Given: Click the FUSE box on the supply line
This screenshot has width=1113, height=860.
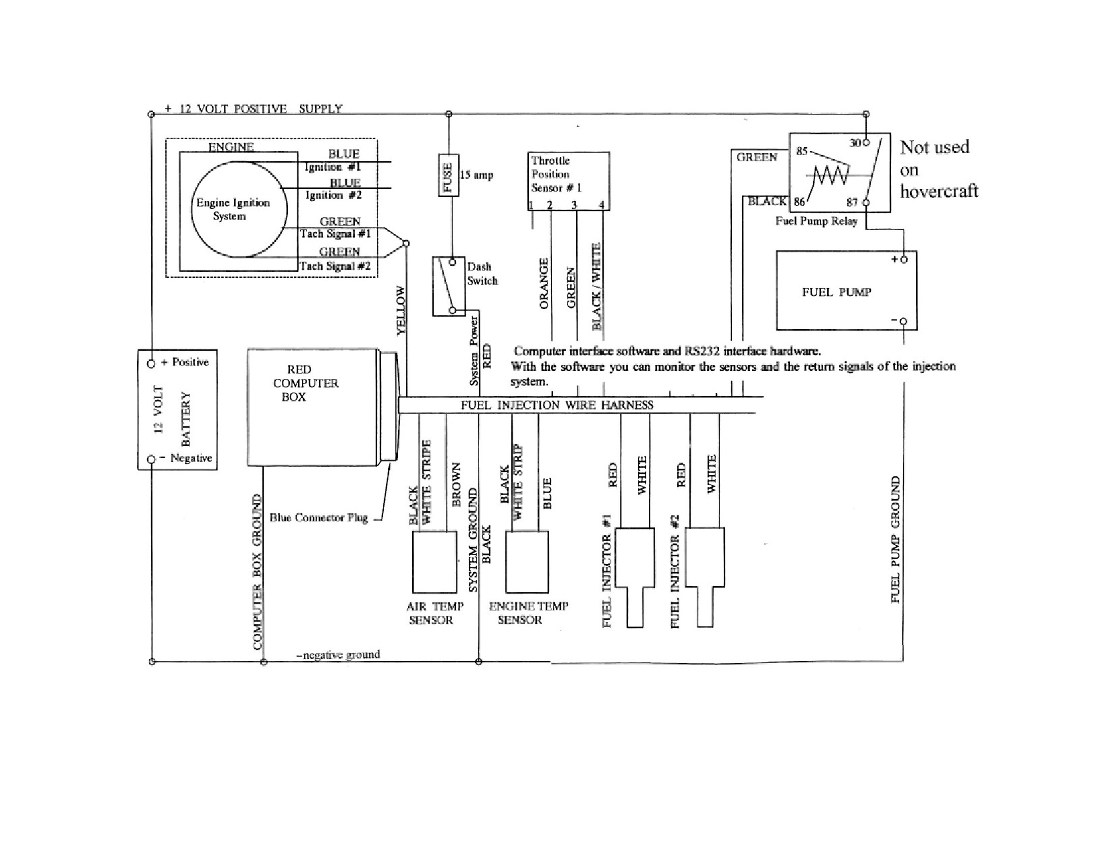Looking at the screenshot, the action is click(x=448, y=175).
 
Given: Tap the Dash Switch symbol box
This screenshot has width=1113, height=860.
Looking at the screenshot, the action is click(x=449, y=286).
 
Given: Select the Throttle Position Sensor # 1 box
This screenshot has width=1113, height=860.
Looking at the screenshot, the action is click(x=569, y=181).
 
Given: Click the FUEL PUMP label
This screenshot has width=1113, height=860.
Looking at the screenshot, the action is click(x=836, y=292).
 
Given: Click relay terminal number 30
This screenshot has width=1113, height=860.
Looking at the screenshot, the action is click(x=855, y=144).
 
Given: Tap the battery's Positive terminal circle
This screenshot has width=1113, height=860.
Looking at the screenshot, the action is click(x=151, y=364).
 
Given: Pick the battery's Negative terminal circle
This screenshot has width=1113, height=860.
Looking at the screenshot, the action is click(x=151, y=459).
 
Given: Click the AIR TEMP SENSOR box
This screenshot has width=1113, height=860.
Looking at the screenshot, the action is click(x=434, y=561).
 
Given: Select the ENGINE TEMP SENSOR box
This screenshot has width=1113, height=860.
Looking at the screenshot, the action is click(x=527, y=561).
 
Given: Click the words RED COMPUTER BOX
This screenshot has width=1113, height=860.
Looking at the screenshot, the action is click(x=306, y=383).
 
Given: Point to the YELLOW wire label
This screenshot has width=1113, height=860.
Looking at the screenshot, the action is click(x=401, y=310).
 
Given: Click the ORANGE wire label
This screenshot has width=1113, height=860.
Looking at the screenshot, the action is click(x=544, y=284).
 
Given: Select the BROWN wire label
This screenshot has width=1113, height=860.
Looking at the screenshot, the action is click(x=457, y=484).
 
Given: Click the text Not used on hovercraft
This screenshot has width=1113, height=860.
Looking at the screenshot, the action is click(x=939, y=169).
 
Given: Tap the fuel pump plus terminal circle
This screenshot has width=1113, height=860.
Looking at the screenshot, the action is click(x=904, y=259).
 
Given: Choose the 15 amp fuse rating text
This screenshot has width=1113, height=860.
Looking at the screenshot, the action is click(x=476, y=175).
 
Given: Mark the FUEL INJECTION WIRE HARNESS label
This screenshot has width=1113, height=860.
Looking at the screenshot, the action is click(x=556, y=405).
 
